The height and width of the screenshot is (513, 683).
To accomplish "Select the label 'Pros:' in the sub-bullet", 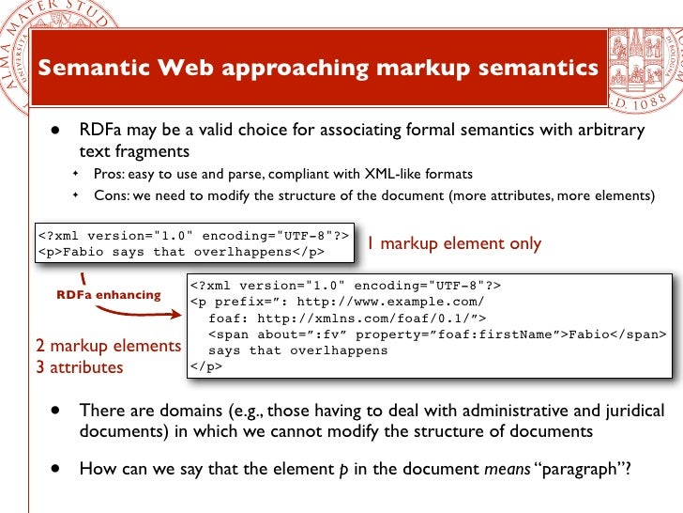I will pyautogui.click(x=111, y=174).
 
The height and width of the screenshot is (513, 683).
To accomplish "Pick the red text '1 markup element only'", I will pyautogui.click(x=454, y=243).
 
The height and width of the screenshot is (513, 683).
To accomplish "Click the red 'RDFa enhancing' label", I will pyautogui.click(x=109, y=294).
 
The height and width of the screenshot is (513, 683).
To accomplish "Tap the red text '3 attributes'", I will pyautogui.click(x=79, y=367).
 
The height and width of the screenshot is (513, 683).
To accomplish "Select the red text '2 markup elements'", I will pyautogui.click(x=108, y=346).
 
